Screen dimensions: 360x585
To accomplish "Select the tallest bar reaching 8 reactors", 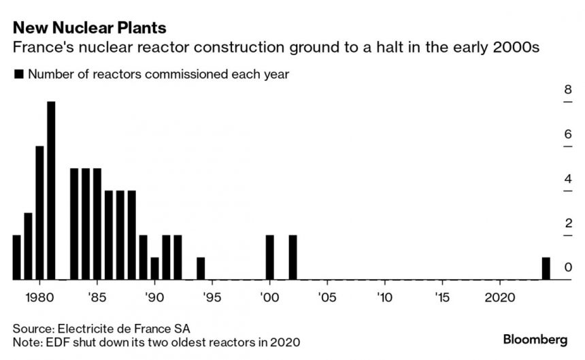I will (x=51, y=191).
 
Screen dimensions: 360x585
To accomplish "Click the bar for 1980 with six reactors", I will (x=39, y=213).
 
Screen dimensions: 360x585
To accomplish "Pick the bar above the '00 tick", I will (x=270, y=257).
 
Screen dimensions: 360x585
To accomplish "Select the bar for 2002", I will (x=293, y=257).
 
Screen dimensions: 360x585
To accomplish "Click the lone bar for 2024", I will (x=546, y=268).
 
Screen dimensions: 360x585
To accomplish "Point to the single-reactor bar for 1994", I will (x=201, y=268).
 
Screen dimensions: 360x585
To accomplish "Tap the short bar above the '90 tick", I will (x=154, y=268).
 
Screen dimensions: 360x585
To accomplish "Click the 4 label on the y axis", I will (x=567, y=179).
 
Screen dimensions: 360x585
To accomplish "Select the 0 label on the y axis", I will (x=567, y=268).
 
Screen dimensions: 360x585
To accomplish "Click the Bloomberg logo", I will (x=537, y=338).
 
